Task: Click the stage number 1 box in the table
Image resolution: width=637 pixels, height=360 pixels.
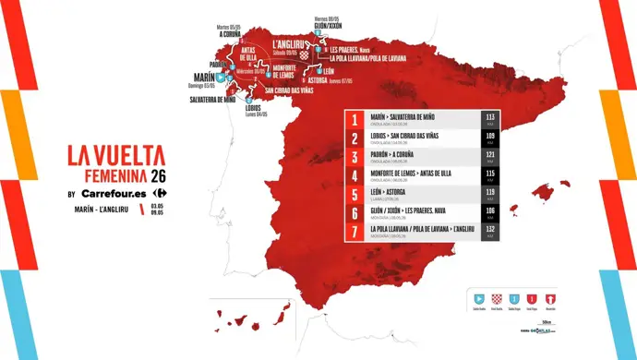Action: point(355,120)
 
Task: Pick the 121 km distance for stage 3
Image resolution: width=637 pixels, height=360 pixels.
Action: point(490,156)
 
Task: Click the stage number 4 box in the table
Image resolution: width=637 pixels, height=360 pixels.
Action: point(355,175)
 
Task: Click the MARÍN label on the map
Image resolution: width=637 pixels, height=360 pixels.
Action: point(205,78)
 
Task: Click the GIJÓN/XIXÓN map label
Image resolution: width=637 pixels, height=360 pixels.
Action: point(330,27)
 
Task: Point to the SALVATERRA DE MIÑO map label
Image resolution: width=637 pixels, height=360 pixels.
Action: point(213,99)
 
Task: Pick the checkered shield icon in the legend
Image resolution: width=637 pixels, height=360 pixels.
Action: point(497,299)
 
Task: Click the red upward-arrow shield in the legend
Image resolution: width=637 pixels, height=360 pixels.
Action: point(551,299)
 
